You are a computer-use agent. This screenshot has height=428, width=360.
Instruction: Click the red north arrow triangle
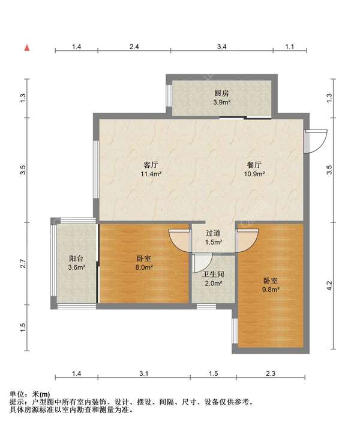click(27, 48)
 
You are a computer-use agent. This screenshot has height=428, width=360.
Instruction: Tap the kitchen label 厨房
click(221, 94)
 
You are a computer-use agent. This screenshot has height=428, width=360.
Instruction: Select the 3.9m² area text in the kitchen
click(221, 103)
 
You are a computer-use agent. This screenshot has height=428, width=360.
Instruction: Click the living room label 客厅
click(151, 165)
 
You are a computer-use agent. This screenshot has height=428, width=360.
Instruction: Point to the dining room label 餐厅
click(254, 165)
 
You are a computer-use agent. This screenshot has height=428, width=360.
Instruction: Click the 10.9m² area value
click(254, 174)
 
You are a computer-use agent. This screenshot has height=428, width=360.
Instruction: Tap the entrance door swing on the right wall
click(316, 141)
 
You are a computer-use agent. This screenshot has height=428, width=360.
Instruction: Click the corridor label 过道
click(214, 233)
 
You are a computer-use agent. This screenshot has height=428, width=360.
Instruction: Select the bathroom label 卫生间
click(213, 275)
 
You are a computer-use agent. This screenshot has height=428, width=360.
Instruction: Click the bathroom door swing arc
click(202, 263)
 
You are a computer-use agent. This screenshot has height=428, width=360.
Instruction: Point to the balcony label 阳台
click(76, 258)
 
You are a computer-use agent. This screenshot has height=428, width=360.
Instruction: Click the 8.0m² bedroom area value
click(144, 267)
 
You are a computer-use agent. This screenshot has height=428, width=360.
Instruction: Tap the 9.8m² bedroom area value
click(271, 290)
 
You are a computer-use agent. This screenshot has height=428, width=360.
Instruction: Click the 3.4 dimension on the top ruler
click(222, 47)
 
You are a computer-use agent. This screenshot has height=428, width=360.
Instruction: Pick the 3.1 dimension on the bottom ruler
click(143, 373)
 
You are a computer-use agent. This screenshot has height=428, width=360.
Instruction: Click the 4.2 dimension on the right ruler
click(329, 286)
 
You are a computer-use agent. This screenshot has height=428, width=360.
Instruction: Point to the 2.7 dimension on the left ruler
click(23, 263)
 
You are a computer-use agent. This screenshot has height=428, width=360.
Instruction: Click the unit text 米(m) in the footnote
click(41, 394)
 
